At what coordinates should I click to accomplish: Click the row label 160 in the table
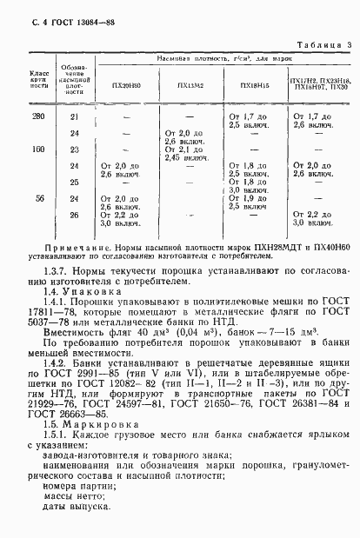(38, 149)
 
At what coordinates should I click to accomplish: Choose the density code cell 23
(74, 149)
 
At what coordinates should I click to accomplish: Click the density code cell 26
(74, 214)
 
